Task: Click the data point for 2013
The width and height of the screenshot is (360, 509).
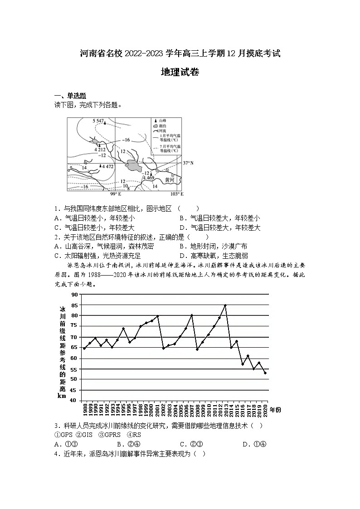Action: pyautogui.click(x=225, y=305)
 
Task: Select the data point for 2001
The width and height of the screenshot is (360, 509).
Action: pyautogui.click(x=158, y=316)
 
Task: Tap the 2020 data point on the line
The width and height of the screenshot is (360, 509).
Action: pyautogui.click(x=265, y=373)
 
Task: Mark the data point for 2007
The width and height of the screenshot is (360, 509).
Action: pyautogui.click(x=192, y=315)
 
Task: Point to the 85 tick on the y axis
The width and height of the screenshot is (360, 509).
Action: pyautogui.click(x=74, y=305)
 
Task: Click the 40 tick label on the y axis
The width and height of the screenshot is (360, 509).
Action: pyautogui.click(x=74, y=401)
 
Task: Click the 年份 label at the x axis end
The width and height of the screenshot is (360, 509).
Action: pyautogui.click(x=275, y=410)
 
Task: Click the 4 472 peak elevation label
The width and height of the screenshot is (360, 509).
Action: pyautogui.click(x=107, y=167)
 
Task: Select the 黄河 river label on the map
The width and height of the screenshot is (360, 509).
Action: pyautogui.click(x=171, y=179)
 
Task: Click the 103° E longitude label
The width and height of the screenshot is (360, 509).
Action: pyautogui.click(x=176, y=194)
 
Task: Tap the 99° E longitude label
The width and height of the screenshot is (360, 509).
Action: pyautogui.click(x=116, y=194)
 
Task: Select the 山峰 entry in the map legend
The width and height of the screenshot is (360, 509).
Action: pyautogui.click(x=163, y=121)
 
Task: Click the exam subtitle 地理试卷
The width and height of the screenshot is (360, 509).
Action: pyautogui.click(x=180, y=72)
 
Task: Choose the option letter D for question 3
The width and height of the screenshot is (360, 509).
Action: pyautogui.click(x=245, y=444)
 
